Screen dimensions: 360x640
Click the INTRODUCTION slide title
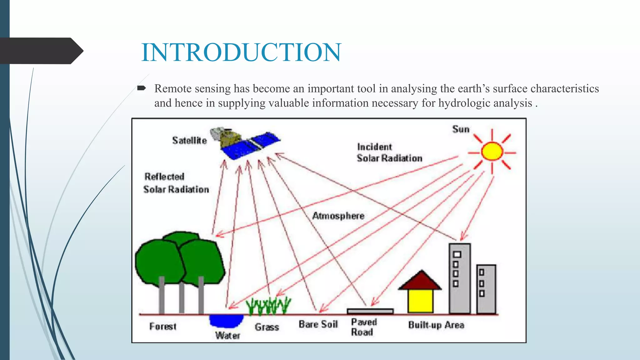pos(241,52)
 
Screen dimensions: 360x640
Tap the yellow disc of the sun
pos(492,152)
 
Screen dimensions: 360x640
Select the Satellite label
pos(189,141)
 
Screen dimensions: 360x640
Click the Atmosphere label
pos(338,216)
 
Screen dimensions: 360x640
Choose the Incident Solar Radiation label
pos(389,152)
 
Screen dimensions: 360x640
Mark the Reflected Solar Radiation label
pos(176,183)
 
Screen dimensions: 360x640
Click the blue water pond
pos(226,321)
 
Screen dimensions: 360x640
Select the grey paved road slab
pos(370,311)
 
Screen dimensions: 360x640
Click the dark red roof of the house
pos(421,281)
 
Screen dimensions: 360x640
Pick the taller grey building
pos(459,278)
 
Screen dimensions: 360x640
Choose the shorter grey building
pos(486,289)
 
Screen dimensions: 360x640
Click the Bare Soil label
pos(318,324)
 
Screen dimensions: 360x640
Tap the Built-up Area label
pos(436,325)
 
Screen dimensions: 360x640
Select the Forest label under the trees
pos(162,327)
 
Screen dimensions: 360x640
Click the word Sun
pos(461,129)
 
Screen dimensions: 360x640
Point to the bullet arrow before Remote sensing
pos(142,88)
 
